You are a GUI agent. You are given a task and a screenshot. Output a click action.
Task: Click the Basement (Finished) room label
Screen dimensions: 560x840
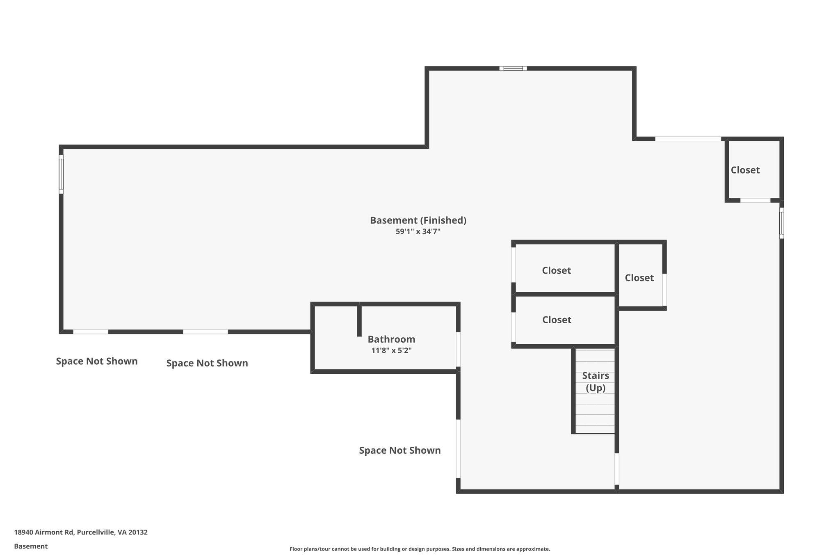coord(418,220)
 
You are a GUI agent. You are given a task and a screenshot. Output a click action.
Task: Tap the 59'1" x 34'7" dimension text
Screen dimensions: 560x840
coord(418,232)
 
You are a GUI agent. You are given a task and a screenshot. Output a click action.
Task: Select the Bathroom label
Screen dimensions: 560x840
coord(391,339)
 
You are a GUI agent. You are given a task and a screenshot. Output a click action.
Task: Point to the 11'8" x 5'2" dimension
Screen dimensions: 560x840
coord(391,351)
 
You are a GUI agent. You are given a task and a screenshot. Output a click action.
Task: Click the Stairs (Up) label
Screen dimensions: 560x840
coord(595,382)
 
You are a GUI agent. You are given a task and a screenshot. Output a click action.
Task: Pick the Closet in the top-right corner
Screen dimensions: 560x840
coord(745,170)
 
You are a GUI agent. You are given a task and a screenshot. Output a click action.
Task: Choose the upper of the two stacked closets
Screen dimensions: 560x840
coord(556,270)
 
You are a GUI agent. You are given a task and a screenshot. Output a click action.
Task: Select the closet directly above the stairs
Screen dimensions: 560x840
coord(556,320)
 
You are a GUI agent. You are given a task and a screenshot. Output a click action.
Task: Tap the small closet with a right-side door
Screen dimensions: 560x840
coord(639,278)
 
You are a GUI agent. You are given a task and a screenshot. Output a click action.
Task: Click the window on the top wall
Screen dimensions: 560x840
coord(513,69)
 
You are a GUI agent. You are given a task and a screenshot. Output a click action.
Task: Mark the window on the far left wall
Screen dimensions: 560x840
coord(61,174)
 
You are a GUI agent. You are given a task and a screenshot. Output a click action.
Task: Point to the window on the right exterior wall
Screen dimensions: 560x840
coord(781,223)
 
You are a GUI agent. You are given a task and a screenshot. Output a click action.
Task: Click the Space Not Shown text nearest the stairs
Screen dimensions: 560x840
coord(399,450)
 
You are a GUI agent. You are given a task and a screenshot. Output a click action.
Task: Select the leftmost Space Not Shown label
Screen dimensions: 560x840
coord(97,361)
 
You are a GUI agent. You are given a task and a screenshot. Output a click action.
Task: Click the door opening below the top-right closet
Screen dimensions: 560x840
coord(755,200)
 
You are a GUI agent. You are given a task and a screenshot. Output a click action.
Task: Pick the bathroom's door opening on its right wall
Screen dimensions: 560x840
coord(458,350)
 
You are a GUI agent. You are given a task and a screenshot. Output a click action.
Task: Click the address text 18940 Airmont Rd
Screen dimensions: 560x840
coord(81,532)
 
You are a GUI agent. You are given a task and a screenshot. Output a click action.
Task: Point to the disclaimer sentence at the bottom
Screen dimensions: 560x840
coord(420,549)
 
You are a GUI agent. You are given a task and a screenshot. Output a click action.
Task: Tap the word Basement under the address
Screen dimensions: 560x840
coord(31,546)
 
